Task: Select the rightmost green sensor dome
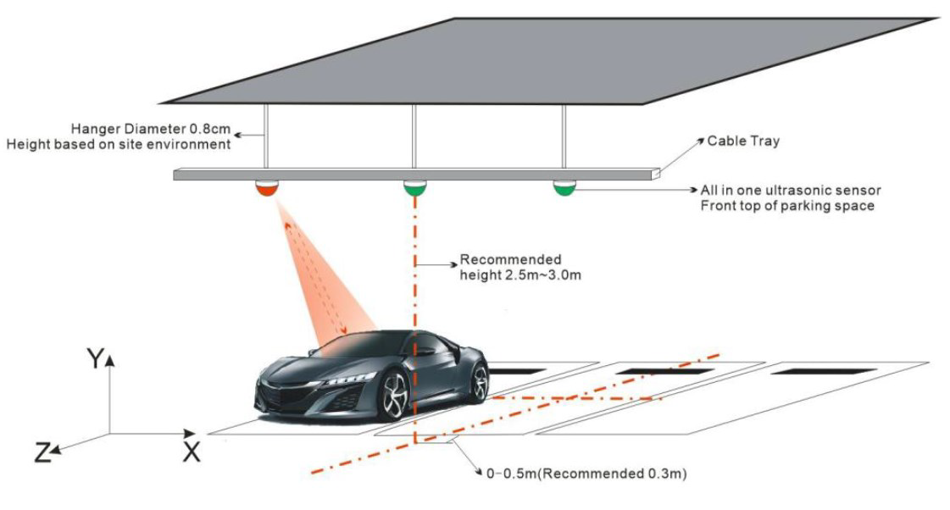564,186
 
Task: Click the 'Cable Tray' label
743,141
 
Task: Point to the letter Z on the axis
42,454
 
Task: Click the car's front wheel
395,396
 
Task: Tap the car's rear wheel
479,382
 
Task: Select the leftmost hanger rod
264,136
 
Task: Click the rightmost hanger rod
564,136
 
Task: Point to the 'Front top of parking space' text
786,206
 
